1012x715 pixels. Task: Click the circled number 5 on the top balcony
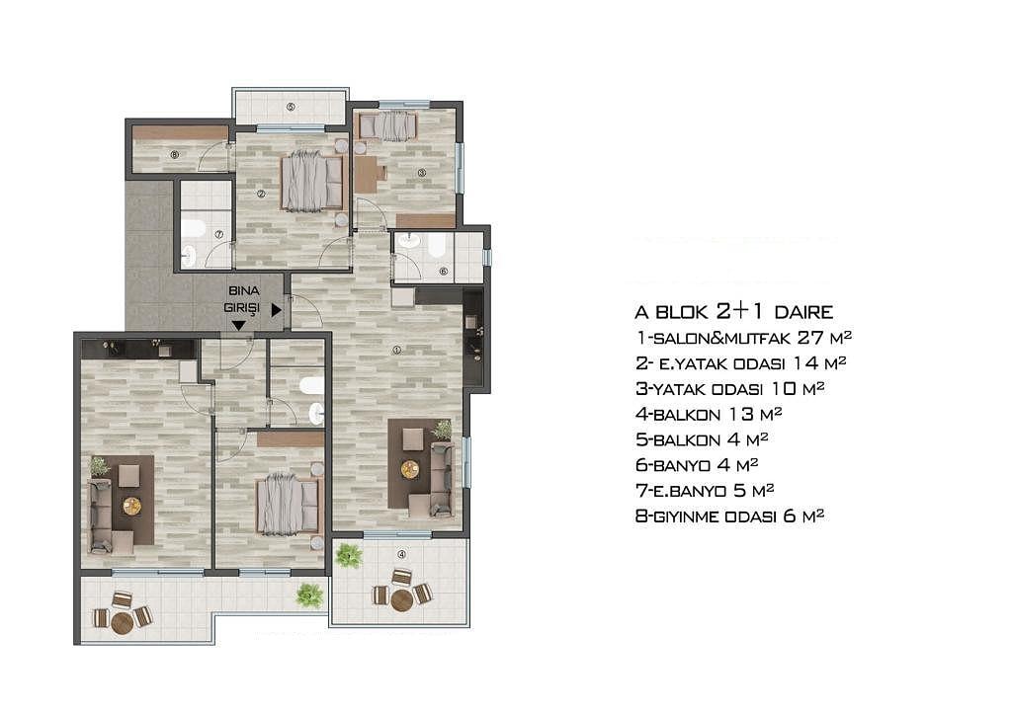pyautogui.click(x=291, y=107)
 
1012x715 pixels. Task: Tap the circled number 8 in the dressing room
pyautogui.click(x=174, y=154)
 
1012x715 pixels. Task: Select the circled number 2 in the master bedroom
pyautogui.click(x=261, y=194)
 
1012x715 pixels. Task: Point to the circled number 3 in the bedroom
pyautogui.click(x=421, y=172)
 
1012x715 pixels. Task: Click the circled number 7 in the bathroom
pyautogui.click(x=218, y=235)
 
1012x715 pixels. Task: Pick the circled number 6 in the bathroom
pyautogui.click(x=443, y=272)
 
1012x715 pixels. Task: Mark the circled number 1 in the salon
pyautogui.click(x=397, y=350)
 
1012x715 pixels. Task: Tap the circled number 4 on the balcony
pyautogui.click(x=401, y=554)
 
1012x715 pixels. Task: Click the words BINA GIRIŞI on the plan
pyautogui.click(x=243, y=300)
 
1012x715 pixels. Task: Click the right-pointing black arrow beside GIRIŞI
pyautogui.click(x=277, y=310)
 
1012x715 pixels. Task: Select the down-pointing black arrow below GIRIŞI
pyautogui.click(x=238, y=326)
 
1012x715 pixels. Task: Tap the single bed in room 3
pyautogui.click(x=387, y=125)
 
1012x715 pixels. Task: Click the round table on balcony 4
pyautogui.click(x=401, y=600)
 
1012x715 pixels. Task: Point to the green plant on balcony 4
pyautogui.click(x=349, y=555)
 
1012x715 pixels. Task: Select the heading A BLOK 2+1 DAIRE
pyautogui.click(x=734, y=312)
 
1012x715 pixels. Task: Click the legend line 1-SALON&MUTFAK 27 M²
pyautogui.click(x=743, y=337)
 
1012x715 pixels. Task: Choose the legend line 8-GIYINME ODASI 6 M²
pyautogui.click(x=730, y=516)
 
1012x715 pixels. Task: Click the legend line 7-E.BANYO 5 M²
pyautogui.click(x=705, y=491)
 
